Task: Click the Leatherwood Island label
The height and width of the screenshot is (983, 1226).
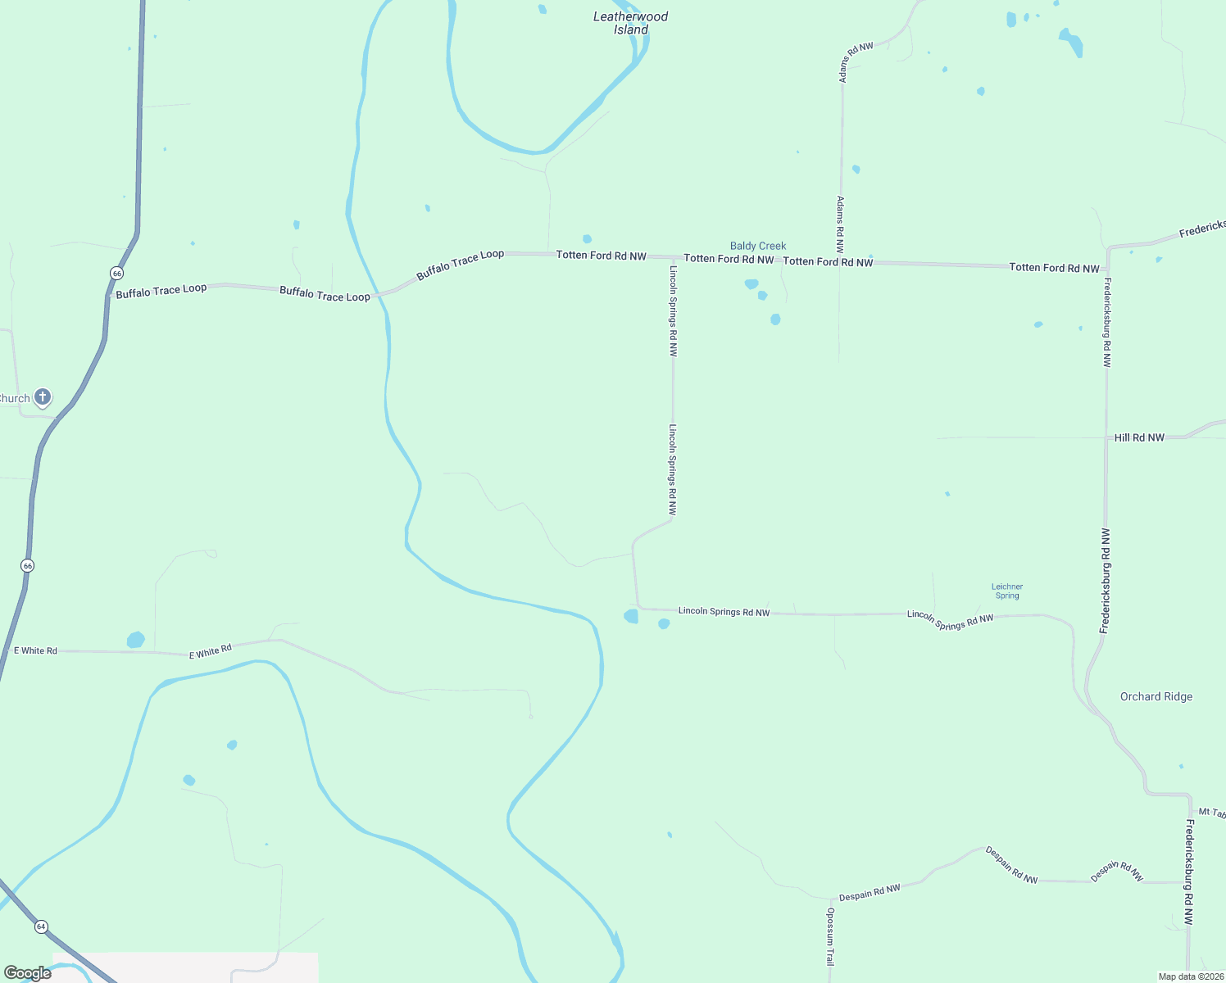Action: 630,23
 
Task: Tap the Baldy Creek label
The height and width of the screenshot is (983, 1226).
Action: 758,246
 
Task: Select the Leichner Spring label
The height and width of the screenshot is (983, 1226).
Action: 1007,591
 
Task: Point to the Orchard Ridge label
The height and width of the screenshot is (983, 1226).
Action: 1156,696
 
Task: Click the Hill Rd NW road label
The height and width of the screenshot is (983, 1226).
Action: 1139,437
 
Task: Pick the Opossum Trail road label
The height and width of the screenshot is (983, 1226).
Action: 830,936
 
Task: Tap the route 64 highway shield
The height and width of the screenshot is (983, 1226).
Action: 41,926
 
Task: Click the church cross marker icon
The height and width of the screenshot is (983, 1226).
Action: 43,397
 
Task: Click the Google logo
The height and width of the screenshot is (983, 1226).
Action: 27,973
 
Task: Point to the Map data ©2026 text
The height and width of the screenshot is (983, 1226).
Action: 1191,976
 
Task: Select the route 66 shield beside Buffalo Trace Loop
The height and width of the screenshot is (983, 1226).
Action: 117,273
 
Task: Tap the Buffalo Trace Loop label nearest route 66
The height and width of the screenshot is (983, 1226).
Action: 161,291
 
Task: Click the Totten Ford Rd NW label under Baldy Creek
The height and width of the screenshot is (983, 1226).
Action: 729,259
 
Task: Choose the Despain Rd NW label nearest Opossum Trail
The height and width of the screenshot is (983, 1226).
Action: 870,892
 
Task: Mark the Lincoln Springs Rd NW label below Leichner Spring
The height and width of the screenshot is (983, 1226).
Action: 951,620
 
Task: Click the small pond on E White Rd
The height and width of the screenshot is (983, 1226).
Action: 136,640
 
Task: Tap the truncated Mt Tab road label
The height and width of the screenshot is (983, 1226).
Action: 1211,813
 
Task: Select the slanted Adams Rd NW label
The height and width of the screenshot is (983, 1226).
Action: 855,62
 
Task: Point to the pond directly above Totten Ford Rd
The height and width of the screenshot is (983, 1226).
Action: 587,239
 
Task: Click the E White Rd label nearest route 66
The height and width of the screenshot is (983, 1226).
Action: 35,650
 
